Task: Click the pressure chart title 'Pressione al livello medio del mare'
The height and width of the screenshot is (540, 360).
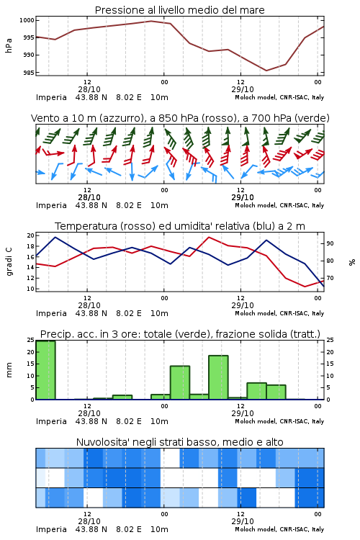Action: click(x=179, y=10)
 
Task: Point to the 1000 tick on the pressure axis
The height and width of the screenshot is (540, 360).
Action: click(x=27, y=20)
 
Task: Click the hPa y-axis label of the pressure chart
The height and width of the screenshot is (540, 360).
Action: click(x=9, y=45)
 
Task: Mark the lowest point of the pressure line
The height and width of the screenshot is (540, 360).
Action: click(x=266, y=71)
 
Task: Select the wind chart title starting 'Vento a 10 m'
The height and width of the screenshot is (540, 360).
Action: click(x=180, y=118)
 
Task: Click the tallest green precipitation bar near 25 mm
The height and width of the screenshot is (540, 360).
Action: click(x=45, y=370)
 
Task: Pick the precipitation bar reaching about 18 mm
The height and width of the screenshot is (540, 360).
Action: click(x=218, y=377)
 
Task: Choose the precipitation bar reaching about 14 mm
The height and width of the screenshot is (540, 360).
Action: click(x=180, y=382)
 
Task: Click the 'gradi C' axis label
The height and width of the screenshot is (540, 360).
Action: click(x=9, y=262)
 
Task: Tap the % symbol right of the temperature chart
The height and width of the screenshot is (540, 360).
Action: click(x=352, y=262)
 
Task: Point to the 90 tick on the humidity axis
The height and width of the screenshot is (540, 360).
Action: click(x=330, y=243)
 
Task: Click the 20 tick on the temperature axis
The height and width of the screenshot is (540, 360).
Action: click(x=31, y=235)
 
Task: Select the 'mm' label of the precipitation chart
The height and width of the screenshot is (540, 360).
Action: click(x=9, y=370)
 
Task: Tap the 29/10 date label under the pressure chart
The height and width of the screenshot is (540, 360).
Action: click(x=243, y=89)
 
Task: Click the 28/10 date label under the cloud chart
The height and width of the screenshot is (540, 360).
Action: click(x=89, y=521)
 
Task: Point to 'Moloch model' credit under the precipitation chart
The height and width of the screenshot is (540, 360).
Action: click(x=256, y=421)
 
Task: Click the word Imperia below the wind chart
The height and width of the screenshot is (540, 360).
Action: click(x=51, y=206)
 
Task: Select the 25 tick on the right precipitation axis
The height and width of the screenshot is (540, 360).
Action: click(x=330, y=340)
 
